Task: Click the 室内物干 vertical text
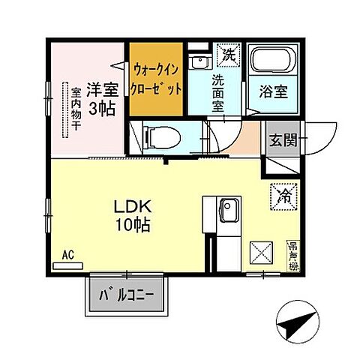click(x=76, y=109)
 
